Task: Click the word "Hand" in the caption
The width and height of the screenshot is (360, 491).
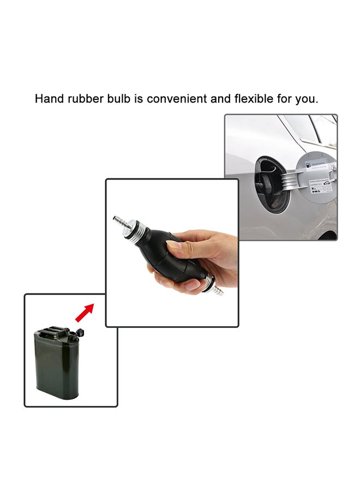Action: [x=47, y=99]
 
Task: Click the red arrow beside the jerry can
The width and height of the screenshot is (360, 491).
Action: [x=83, y=313]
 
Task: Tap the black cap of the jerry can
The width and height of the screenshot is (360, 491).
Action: [x=82, y=332]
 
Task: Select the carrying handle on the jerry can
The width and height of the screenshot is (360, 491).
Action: [x=53, y=330]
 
